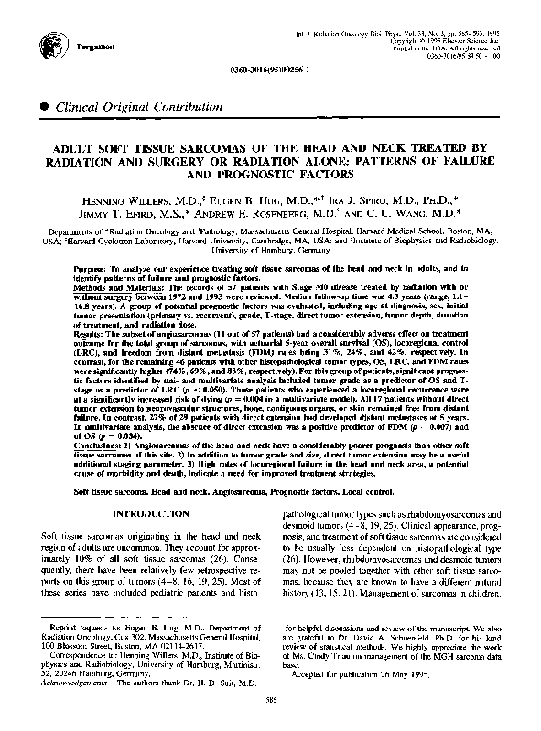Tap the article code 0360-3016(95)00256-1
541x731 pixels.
click(x=271, y=70)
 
